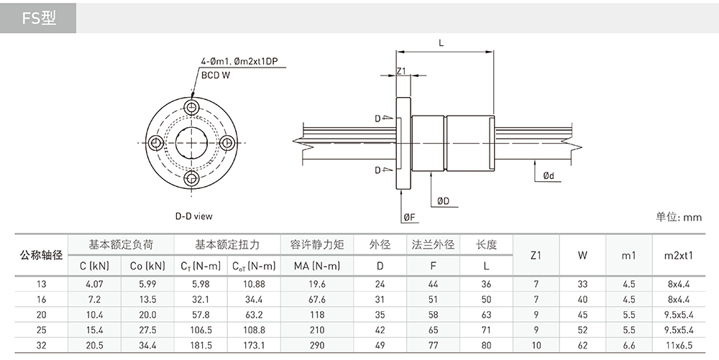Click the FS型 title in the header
pos(39,18)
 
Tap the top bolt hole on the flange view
pos(191,108)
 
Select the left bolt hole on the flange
pos(156,143)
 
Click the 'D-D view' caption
pos(194,216)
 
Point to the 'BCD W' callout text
pos(216,75)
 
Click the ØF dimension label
pos(410,217)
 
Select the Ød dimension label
pos(549,175)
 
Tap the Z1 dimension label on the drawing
pos(402,70)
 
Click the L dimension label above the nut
pos(441,43)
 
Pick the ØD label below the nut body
pos(443,201)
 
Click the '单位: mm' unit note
pos(679,217)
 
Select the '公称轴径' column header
pos(41,255)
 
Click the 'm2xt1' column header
pos(679,256)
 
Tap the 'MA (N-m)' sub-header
pos(317,266)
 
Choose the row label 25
pos(41,330)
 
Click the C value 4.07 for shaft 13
pos(94,284)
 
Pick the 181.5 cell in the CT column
pos(201,346)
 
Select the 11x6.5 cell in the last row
pos(679,346)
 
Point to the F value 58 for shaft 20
pos(433,315)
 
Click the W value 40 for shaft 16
pos(582,300)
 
